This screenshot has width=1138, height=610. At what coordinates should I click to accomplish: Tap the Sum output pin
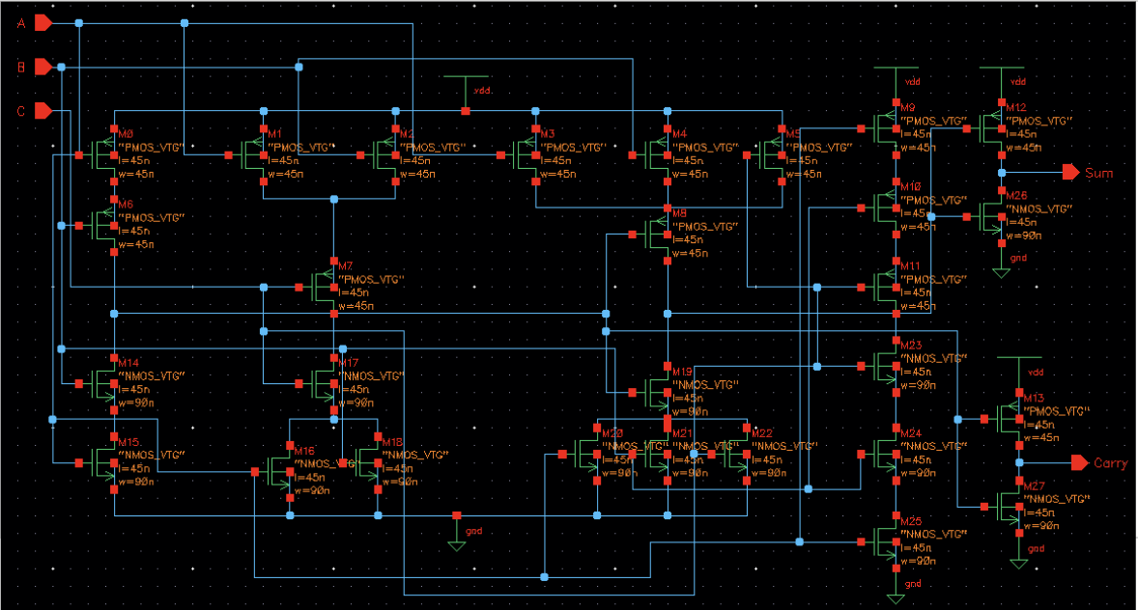[x=1070, y=173]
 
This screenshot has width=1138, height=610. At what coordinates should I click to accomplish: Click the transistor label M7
[x=346, y=265]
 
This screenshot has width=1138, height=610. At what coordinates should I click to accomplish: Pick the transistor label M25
[x=910, y=520]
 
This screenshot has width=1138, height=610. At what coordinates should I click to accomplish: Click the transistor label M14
[x=129, y=362]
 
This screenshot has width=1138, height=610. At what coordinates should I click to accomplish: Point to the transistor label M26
[x=1015, y=196]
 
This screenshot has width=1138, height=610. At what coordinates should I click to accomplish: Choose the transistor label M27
[x=1033, y=485]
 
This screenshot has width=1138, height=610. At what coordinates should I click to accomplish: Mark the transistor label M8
[x=679, y=212]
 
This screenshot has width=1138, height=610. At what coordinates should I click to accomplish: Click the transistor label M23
[x=910, y=345]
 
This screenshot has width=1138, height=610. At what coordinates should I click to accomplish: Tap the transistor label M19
[x=683, y=371]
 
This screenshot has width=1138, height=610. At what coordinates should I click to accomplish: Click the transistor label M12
[x=1015, y=108]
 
